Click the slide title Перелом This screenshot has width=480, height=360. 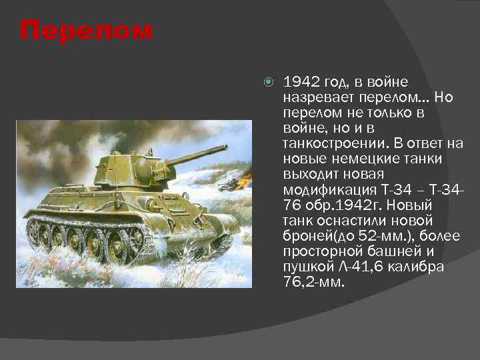pyautogui.click(x=86, y=31)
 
